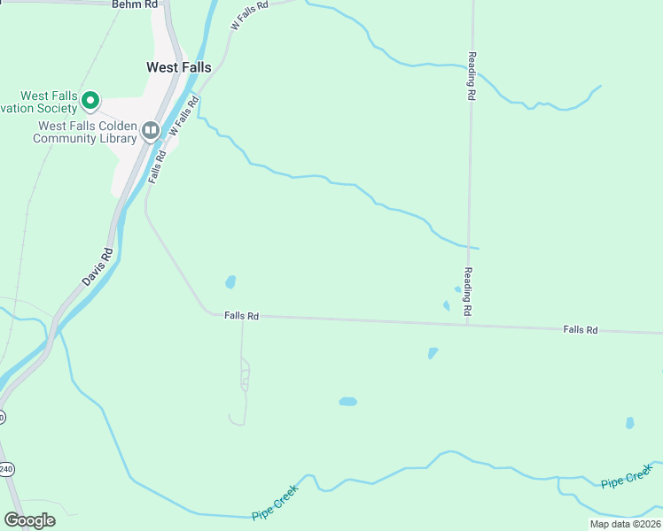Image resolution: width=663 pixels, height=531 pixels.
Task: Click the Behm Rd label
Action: click(135, 4)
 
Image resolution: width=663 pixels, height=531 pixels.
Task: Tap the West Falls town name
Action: click(178, 67)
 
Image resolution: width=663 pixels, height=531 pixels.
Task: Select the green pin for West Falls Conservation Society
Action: click(90, 101)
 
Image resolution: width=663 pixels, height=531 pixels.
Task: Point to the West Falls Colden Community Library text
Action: click(87, 132)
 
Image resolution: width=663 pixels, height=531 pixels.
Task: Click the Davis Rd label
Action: click(97, 265)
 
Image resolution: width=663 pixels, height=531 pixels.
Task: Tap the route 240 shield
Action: click(6, 470)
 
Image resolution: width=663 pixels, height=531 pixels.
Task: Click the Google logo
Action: click(29, 520)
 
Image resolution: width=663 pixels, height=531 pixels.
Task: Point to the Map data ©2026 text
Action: click(624, 524)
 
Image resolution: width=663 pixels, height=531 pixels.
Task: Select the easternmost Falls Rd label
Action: click(581, 330)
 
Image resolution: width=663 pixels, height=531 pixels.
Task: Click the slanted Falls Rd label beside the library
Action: click(157, 165)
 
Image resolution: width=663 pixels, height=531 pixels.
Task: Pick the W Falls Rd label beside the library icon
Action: click(182, 116)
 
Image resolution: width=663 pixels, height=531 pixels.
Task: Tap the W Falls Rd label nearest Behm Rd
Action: click(247, 16)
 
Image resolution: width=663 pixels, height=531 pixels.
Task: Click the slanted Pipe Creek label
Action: click(276, 501)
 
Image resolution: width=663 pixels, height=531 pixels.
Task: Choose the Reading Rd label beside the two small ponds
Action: click(467, 292)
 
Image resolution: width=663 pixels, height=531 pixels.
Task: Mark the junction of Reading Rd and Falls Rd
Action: click(467, 324)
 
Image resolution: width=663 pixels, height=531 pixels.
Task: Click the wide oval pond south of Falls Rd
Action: click(347, 401)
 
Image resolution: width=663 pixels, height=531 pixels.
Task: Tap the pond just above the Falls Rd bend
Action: click(230, 282)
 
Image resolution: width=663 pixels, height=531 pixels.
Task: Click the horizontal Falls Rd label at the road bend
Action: click(241, 315)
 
